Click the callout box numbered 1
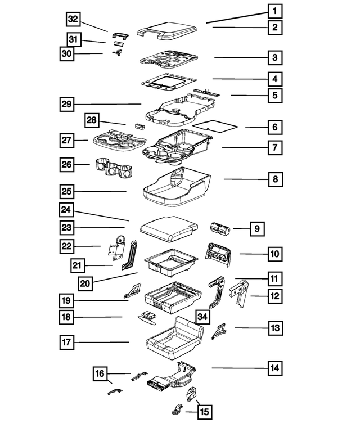tap(274, 11)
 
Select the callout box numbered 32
tap(73, 19)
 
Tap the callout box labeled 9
tap(256, 228)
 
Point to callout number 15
tap(204, 412)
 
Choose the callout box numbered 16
tap(100, 373)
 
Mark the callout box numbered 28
tap(93, 120)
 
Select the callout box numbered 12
tap(274, 295)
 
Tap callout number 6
tap(274, 128)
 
